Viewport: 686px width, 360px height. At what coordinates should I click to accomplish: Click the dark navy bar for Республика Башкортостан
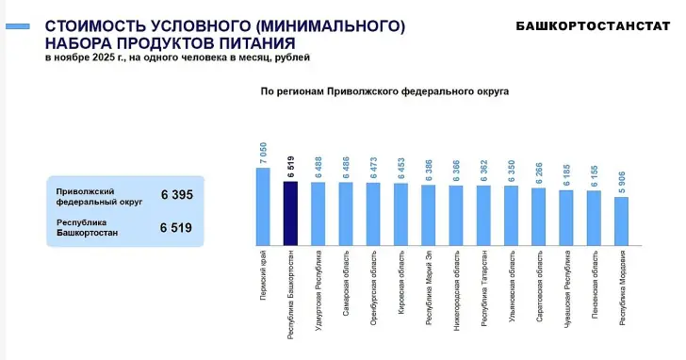[291, 212]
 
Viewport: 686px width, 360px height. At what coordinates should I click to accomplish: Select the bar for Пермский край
[263, 205]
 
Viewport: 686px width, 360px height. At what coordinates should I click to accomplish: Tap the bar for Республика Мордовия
[621, 220]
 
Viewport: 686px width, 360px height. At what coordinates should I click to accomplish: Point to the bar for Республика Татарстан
[483, 214]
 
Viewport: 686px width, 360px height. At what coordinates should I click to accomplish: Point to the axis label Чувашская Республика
[567, 284]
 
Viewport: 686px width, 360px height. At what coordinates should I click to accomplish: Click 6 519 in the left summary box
[175, 227]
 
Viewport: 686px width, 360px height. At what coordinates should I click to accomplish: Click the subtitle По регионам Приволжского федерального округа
[384, 93]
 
